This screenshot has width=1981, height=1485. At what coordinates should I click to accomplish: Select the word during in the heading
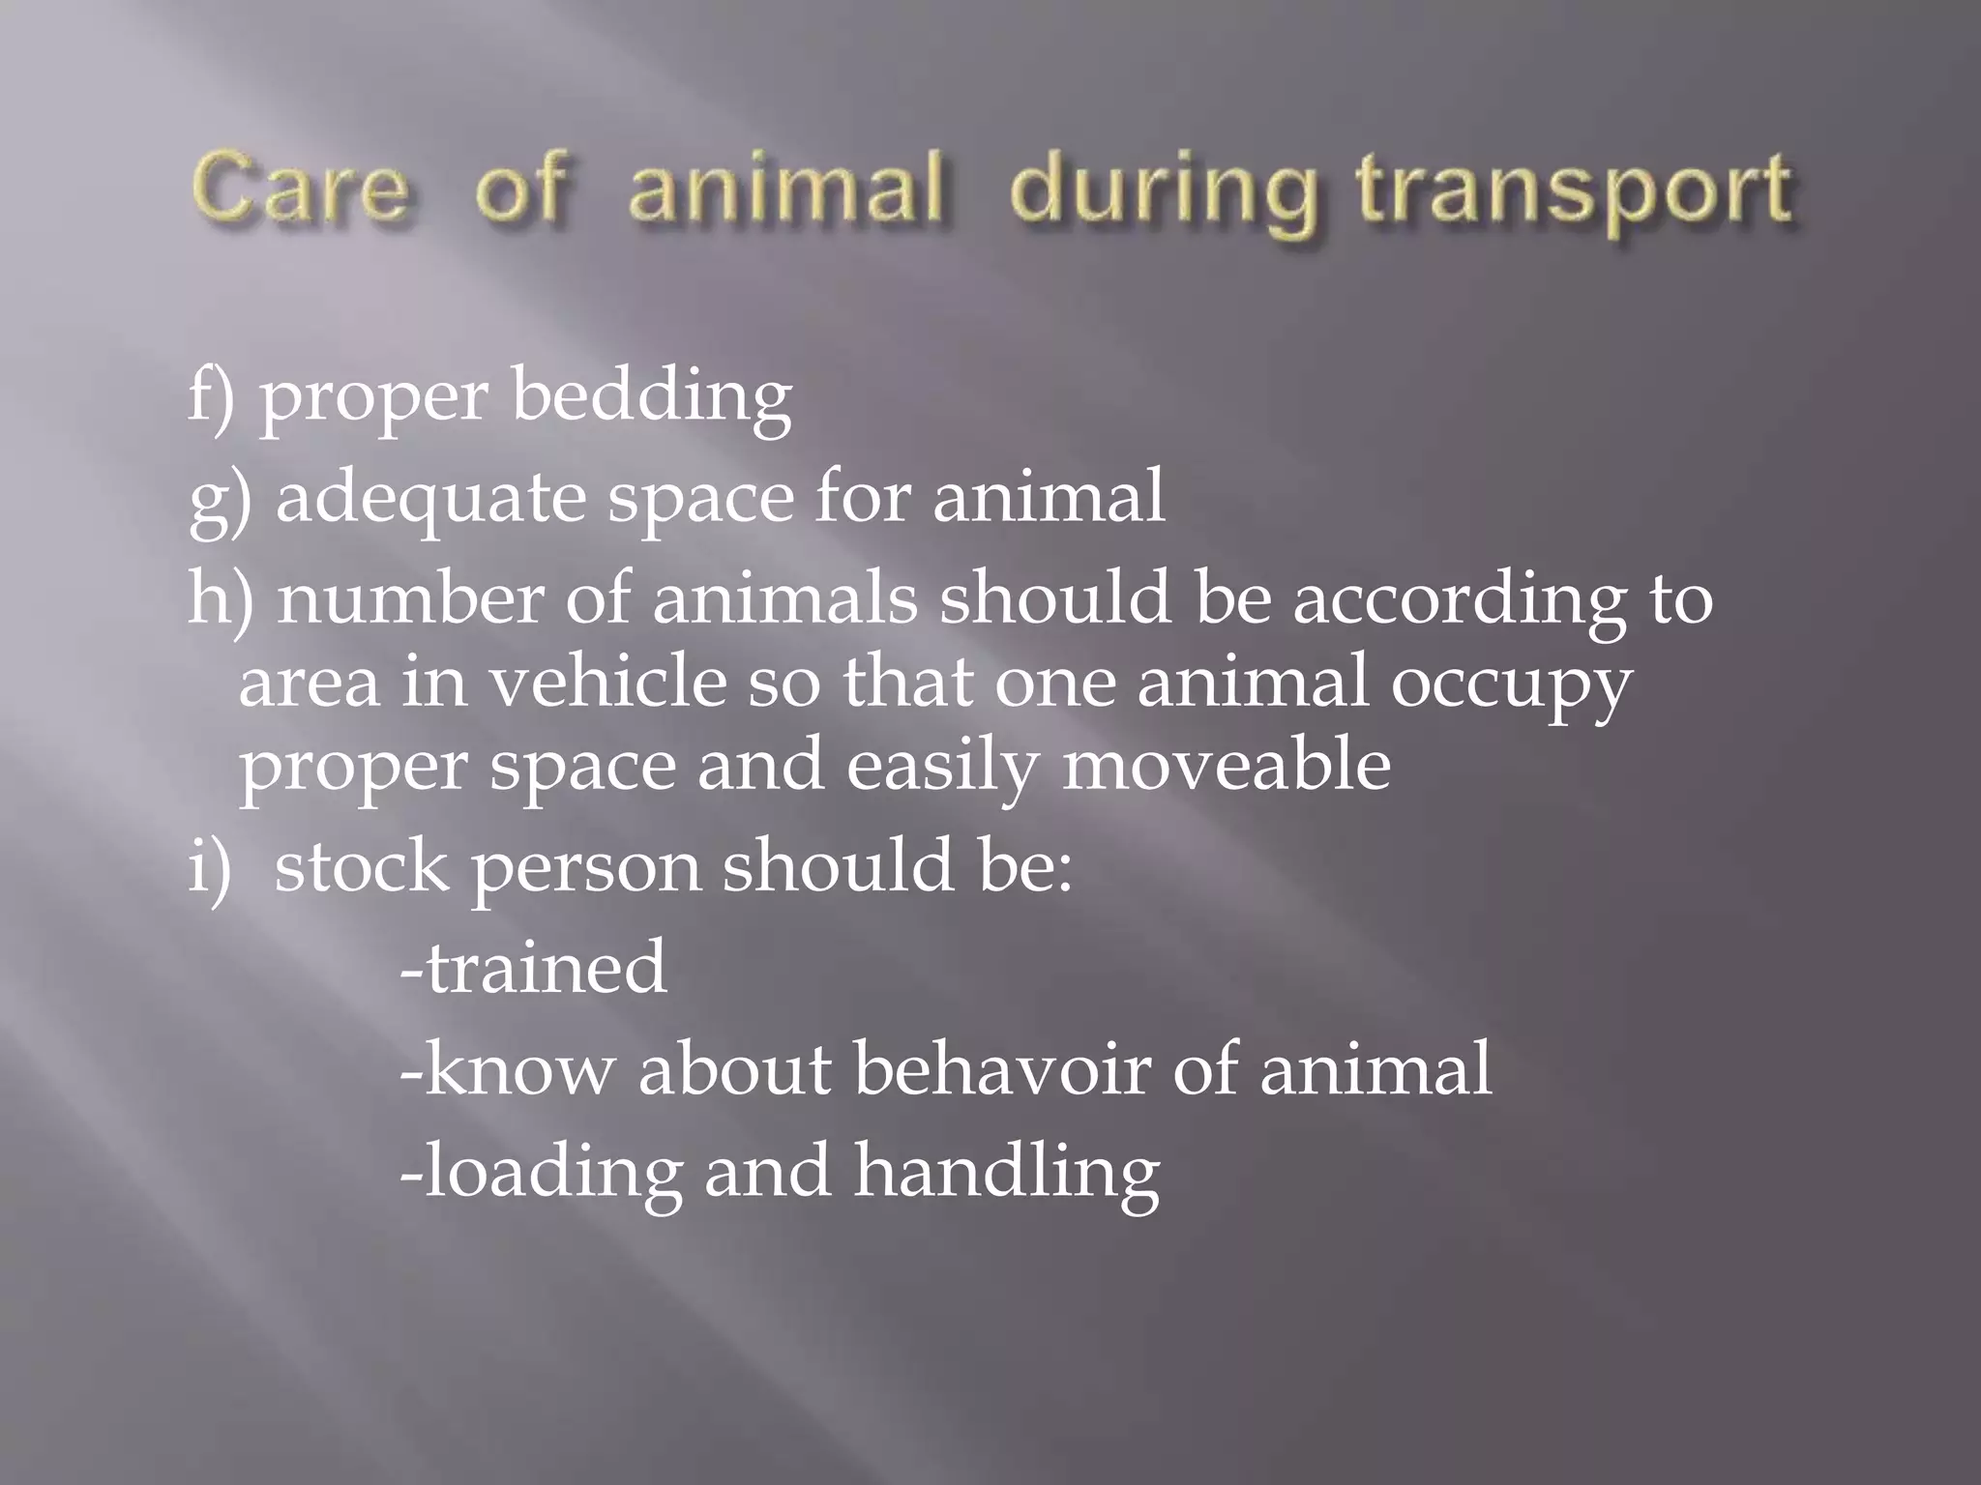(1164, 193)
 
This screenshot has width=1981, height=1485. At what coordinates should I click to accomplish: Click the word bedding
(652, 396)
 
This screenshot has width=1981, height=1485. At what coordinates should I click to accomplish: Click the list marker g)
(220, 499)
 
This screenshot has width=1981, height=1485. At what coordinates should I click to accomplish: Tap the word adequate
(431, 499)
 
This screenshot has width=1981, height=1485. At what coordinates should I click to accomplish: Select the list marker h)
(221, 598)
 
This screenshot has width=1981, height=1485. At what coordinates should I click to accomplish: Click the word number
(410, 598)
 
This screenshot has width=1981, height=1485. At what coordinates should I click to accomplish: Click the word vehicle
(606, 682)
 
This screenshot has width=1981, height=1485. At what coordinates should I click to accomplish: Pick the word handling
(1006, 1173)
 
